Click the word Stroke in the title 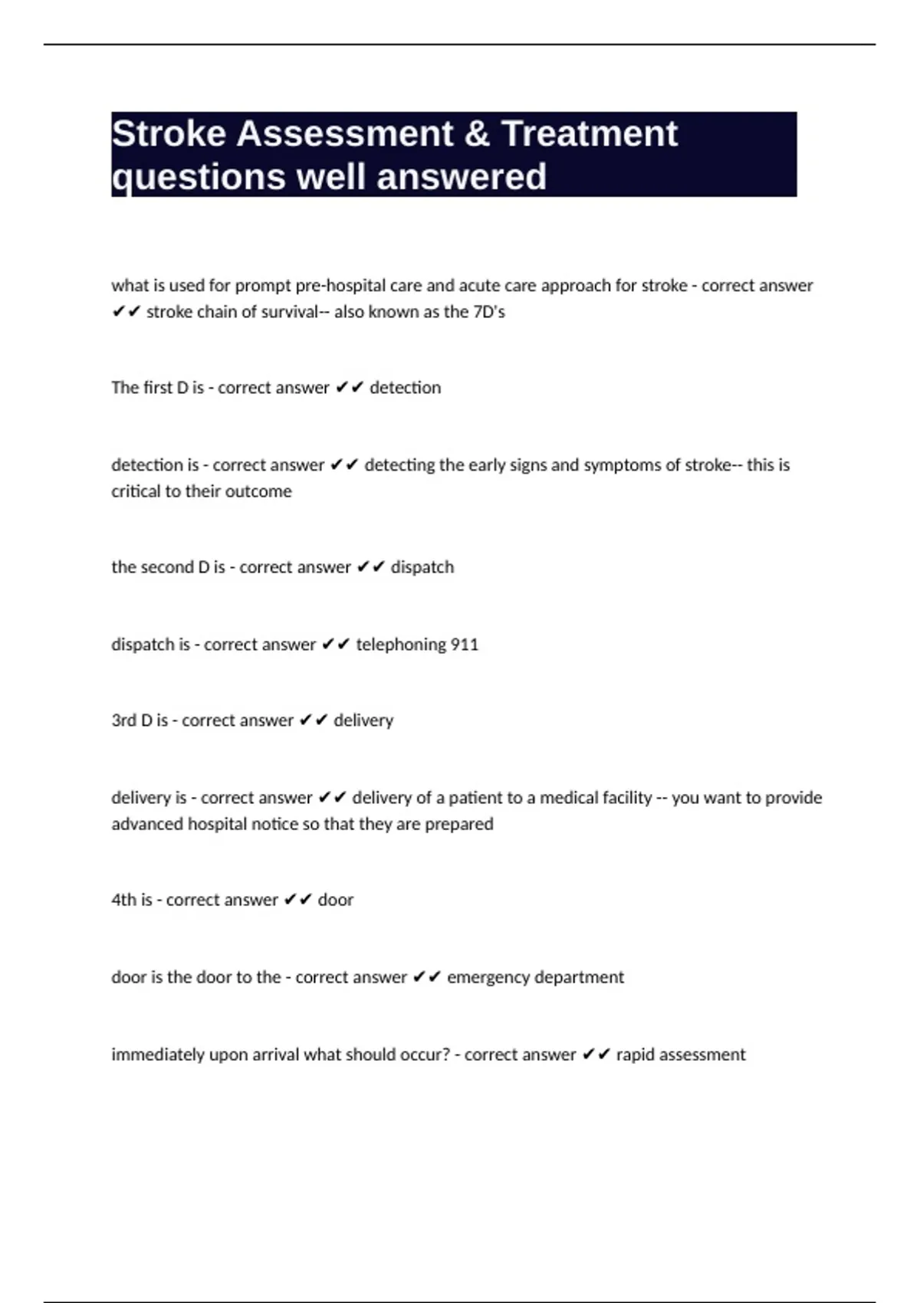[x=169, y=134]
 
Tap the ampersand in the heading [x=476, y=134]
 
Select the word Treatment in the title [x=590, y=134]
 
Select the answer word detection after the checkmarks [x=405, y=388]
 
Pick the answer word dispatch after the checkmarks [x=422, y=567]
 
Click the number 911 [x=464, y=645]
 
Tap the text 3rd [x=123, y=720]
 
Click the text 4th [x=123, y=900]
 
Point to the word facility [x=623, y=798]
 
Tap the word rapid [x=635, y=1055]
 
